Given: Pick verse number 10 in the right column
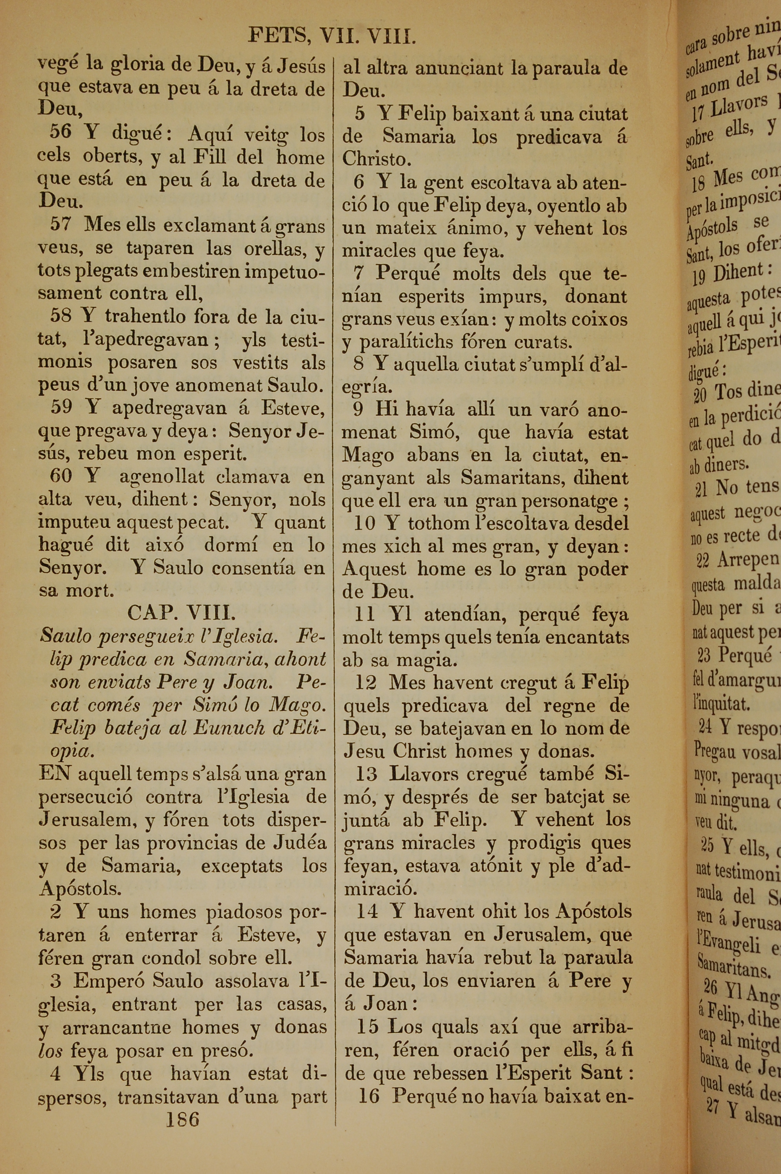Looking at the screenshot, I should pyautogui.click(x=365, y=523).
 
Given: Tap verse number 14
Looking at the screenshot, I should pyautogui.click(x=367, y=911).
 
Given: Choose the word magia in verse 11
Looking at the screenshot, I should pyautogui.click(x=419, y=660).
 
